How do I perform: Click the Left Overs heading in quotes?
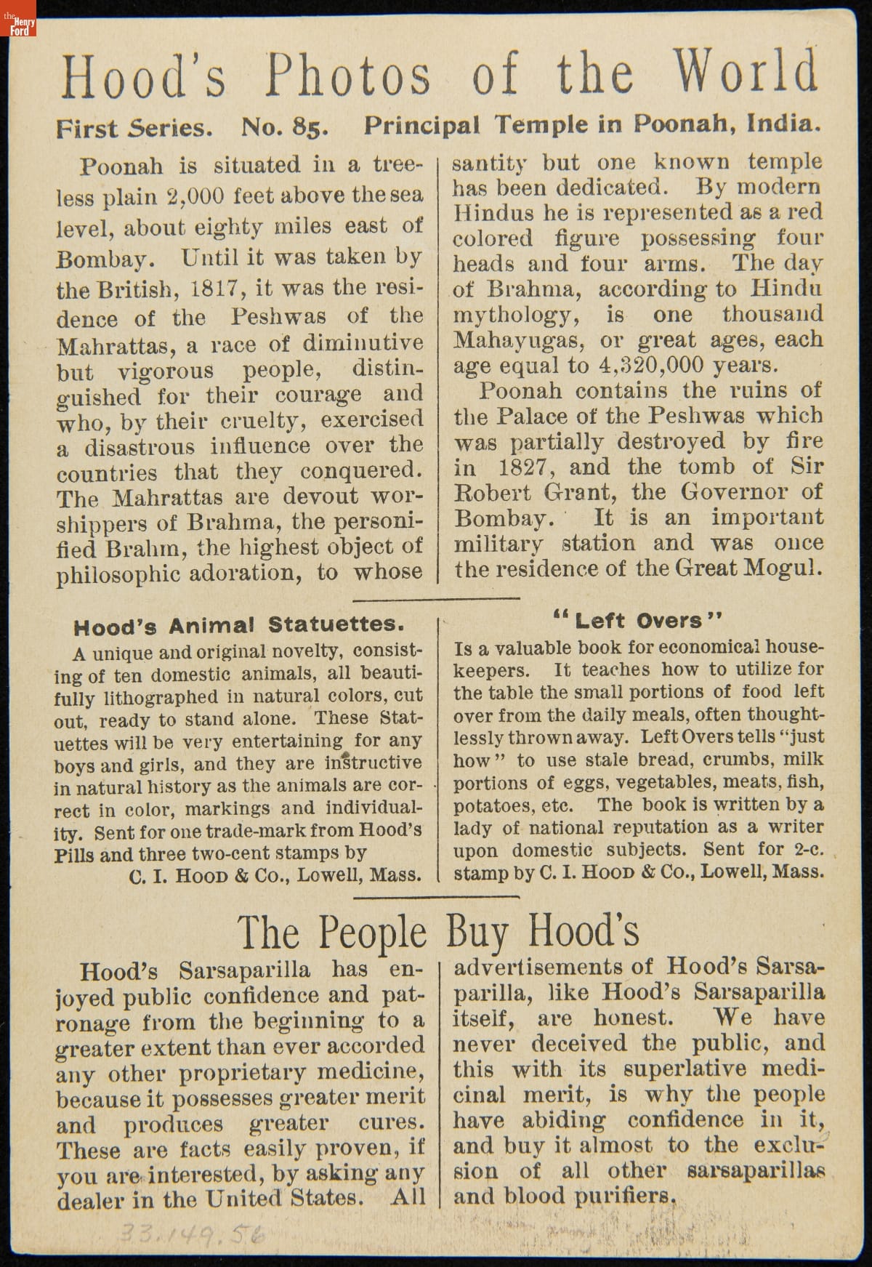(638, 621)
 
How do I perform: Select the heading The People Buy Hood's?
(438, 933)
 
